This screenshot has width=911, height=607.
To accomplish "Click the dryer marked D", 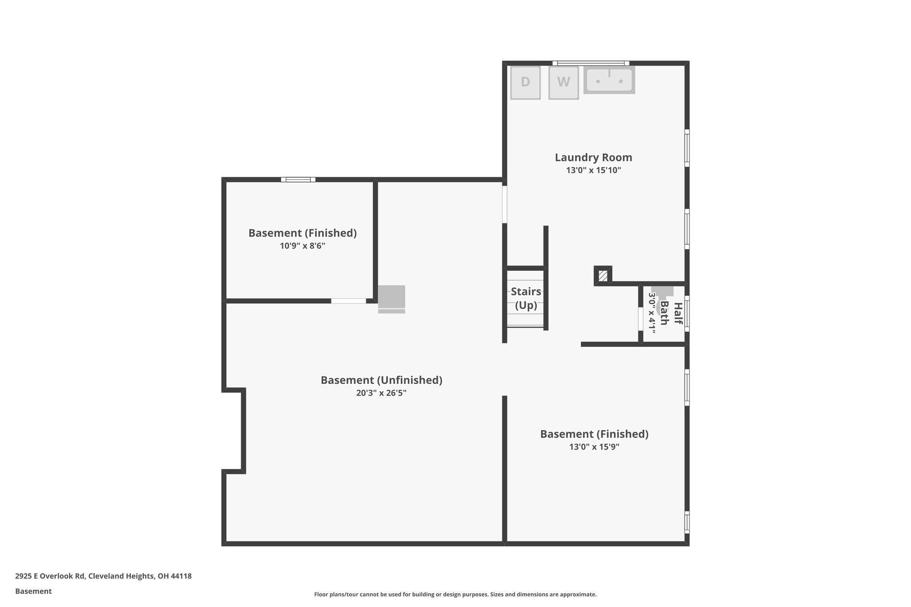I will click(x=525, y=82).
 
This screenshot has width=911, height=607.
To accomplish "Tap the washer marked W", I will click(x=563, y=82).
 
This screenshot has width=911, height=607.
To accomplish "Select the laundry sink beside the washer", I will click(x=609, y=80).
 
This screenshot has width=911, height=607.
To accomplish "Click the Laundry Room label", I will click(x=593, y=157).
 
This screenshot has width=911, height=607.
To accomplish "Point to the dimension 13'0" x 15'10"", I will click(x=593, y=170).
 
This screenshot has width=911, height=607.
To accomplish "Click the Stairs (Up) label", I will click(x=526, y=298).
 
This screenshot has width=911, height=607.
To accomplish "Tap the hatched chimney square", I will click(x=603, y=276).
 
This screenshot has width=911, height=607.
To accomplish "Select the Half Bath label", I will click(x=671, y=314).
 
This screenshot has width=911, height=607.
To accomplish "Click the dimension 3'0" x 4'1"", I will click(x=652, y=314).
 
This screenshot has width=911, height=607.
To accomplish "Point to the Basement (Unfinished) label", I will click(x=381, y=380).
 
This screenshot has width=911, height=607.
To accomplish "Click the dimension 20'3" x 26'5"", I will click(x=381, y=393).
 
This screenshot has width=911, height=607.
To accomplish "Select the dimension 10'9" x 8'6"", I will click(x=302, y=246).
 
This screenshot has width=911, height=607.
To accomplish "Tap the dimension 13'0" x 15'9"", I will click(x=594, y=447).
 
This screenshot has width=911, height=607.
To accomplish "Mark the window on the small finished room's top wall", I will click(x=298, y=180).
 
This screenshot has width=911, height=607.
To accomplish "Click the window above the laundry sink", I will click(x=591, y=63).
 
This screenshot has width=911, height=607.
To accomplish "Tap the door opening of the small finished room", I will click(x=348, y=301).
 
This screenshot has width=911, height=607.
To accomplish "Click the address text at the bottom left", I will click(x=103, y=576).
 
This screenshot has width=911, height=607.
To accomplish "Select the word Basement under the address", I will click(x=33, y=591).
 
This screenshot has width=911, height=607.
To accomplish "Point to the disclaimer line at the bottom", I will click(x=455, y=595).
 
